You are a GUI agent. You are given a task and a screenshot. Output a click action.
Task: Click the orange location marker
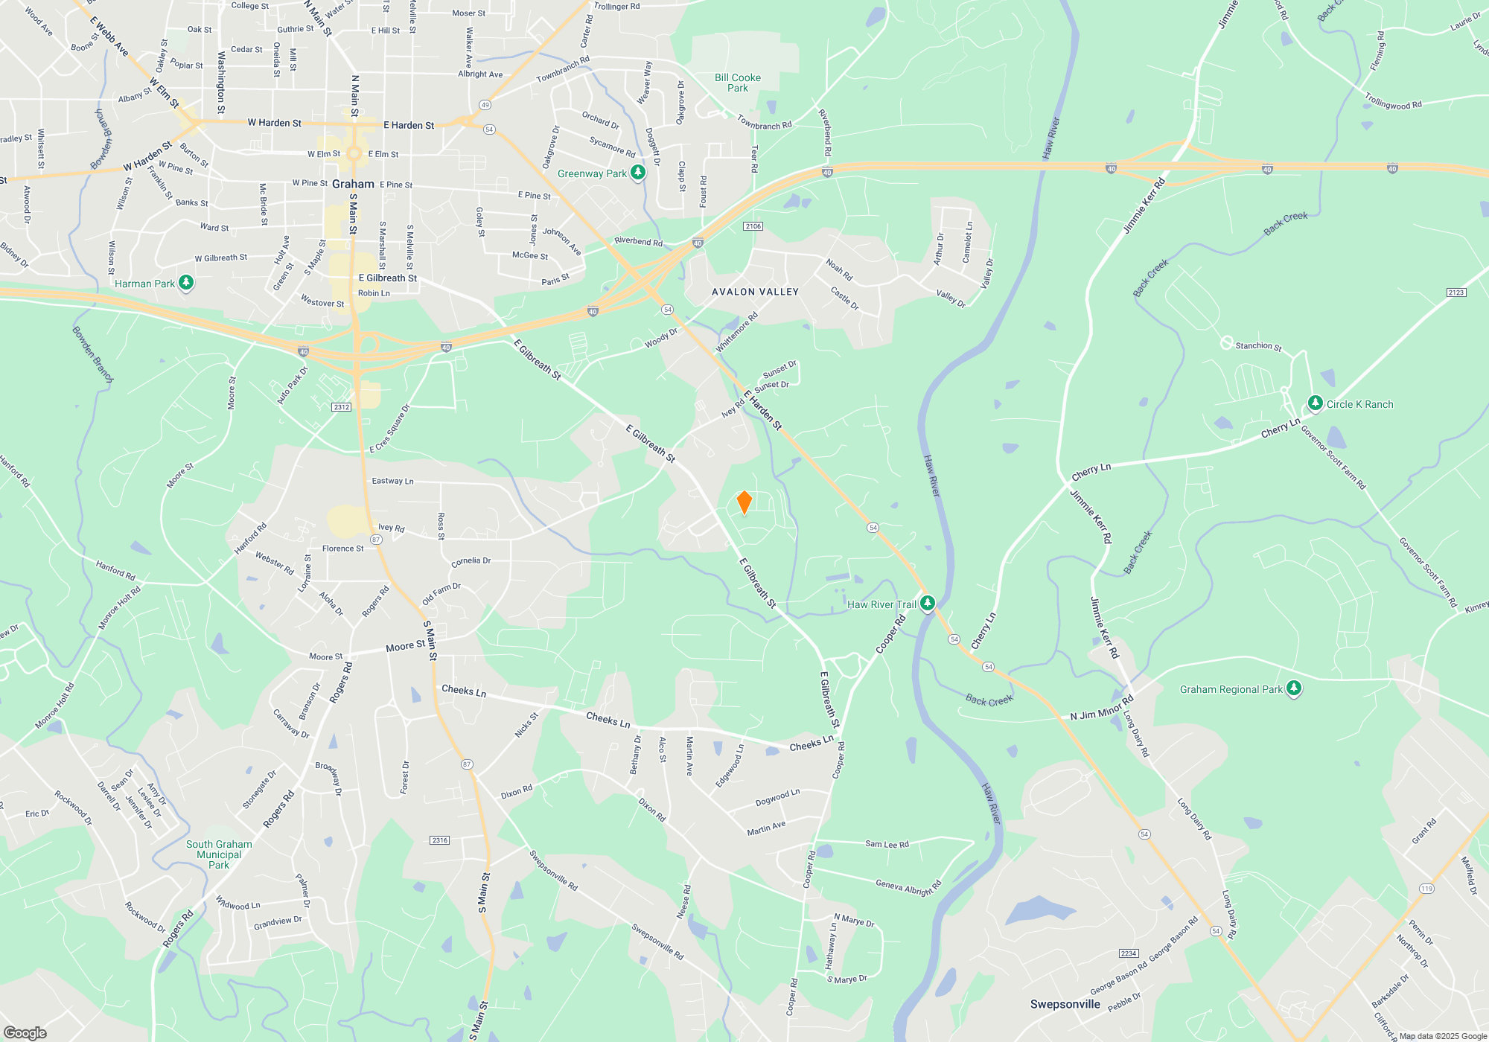[744, 502]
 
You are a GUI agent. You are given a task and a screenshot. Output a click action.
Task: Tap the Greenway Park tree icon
[637, 173]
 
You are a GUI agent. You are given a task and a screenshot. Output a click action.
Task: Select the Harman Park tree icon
[186, 282]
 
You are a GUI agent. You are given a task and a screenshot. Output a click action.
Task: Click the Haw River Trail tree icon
[927, 603]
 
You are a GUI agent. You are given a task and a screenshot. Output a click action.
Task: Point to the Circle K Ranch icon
[1316, 403]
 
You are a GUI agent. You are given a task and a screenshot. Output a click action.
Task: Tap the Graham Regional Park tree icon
[1294, 688]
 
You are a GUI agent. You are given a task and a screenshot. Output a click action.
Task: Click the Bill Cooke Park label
[737, 83]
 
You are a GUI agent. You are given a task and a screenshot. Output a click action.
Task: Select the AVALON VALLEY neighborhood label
[755, 292]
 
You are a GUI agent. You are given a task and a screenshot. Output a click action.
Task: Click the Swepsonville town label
[1065, 1004]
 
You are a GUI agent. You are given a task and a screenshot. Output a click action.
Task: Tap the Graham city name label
[353, 184]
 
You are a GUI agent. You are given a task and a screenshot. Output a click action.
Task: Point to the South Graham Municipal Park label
[219, 854]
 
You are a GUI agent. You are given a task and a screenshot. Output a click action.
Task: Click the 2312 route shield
[342, 407]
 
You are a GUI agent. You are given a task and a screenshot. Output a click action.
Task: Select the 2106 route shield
[753, 226]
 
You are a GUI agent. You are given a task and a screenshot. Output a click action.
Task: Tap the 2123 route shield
[1456, 293]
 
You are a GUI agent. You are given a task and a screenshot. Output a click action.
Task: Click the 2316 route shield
[439, 840]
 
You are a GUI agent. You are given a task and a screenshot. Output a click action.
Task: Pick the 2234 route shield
[1129, 953]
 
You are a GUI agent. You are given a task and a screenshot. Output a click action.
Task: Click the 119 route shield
[1426, 889]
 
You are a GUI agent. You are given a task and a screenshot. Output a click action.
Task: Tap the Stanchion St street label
[1258, 346]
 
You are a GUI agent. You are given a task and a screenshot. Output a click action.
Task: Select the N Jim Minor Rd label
[1101, 708]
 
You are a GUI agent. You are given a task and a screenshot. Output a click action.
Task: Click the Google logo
[25, 1033]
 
